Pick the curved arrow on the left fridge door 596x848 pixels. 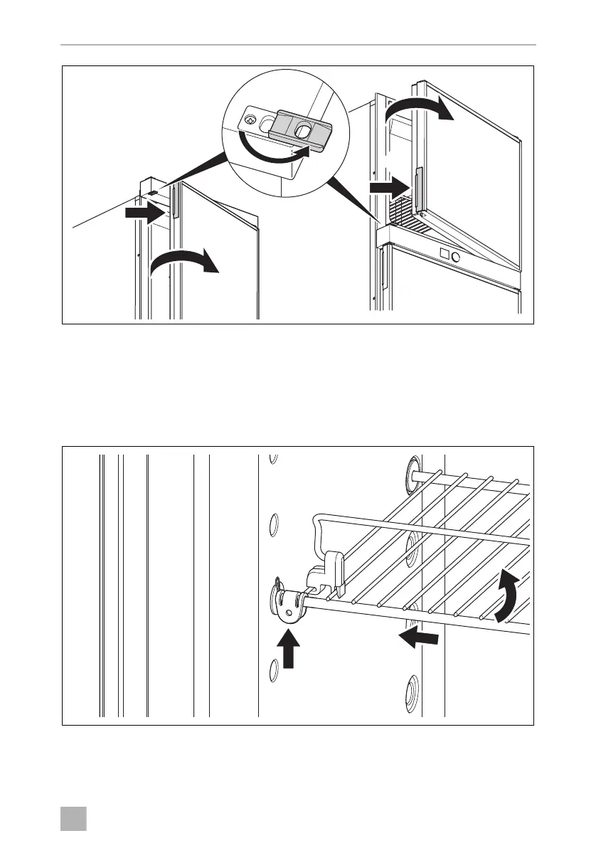184,263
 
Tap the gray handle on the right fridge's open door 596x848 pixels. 419,190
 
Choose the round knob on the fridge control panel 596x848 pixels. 457,256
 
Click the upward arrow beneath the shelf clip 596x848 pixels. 287,650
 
